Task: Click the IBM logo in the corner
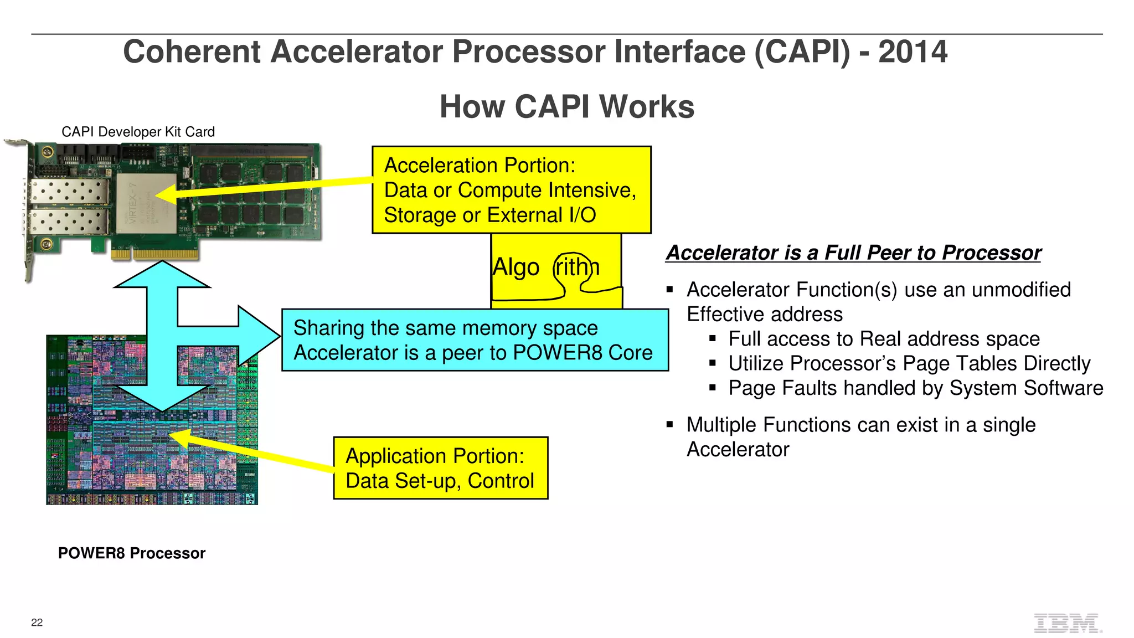click(x=1067, y=623)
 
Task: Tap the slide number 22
click(x=37, y=622)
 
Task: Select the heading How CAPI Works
click(x=566, y=106)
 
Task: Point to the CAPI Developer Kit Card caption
click(x=138, y=132)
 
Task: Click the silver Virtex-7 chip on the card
click(x=146, y=203)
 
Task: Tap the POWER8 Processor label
click(x=132, y=553)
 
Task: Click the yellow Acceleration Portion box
click(x=511, y=190)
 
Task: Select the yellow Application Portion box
click(x=440, y=468)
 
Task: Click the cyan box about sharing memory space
click(x=475, y=340)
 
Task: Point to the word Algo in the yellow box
click(x=516, y=267)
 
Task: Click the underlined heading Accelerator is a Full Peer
click(x=853, y=253)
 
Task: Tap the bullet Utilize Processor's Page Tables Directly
click(x=909, y=363)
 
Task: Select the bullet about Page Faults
click(x=915, y=388)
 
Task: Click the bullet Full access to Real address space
click(x=884, y=339)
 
